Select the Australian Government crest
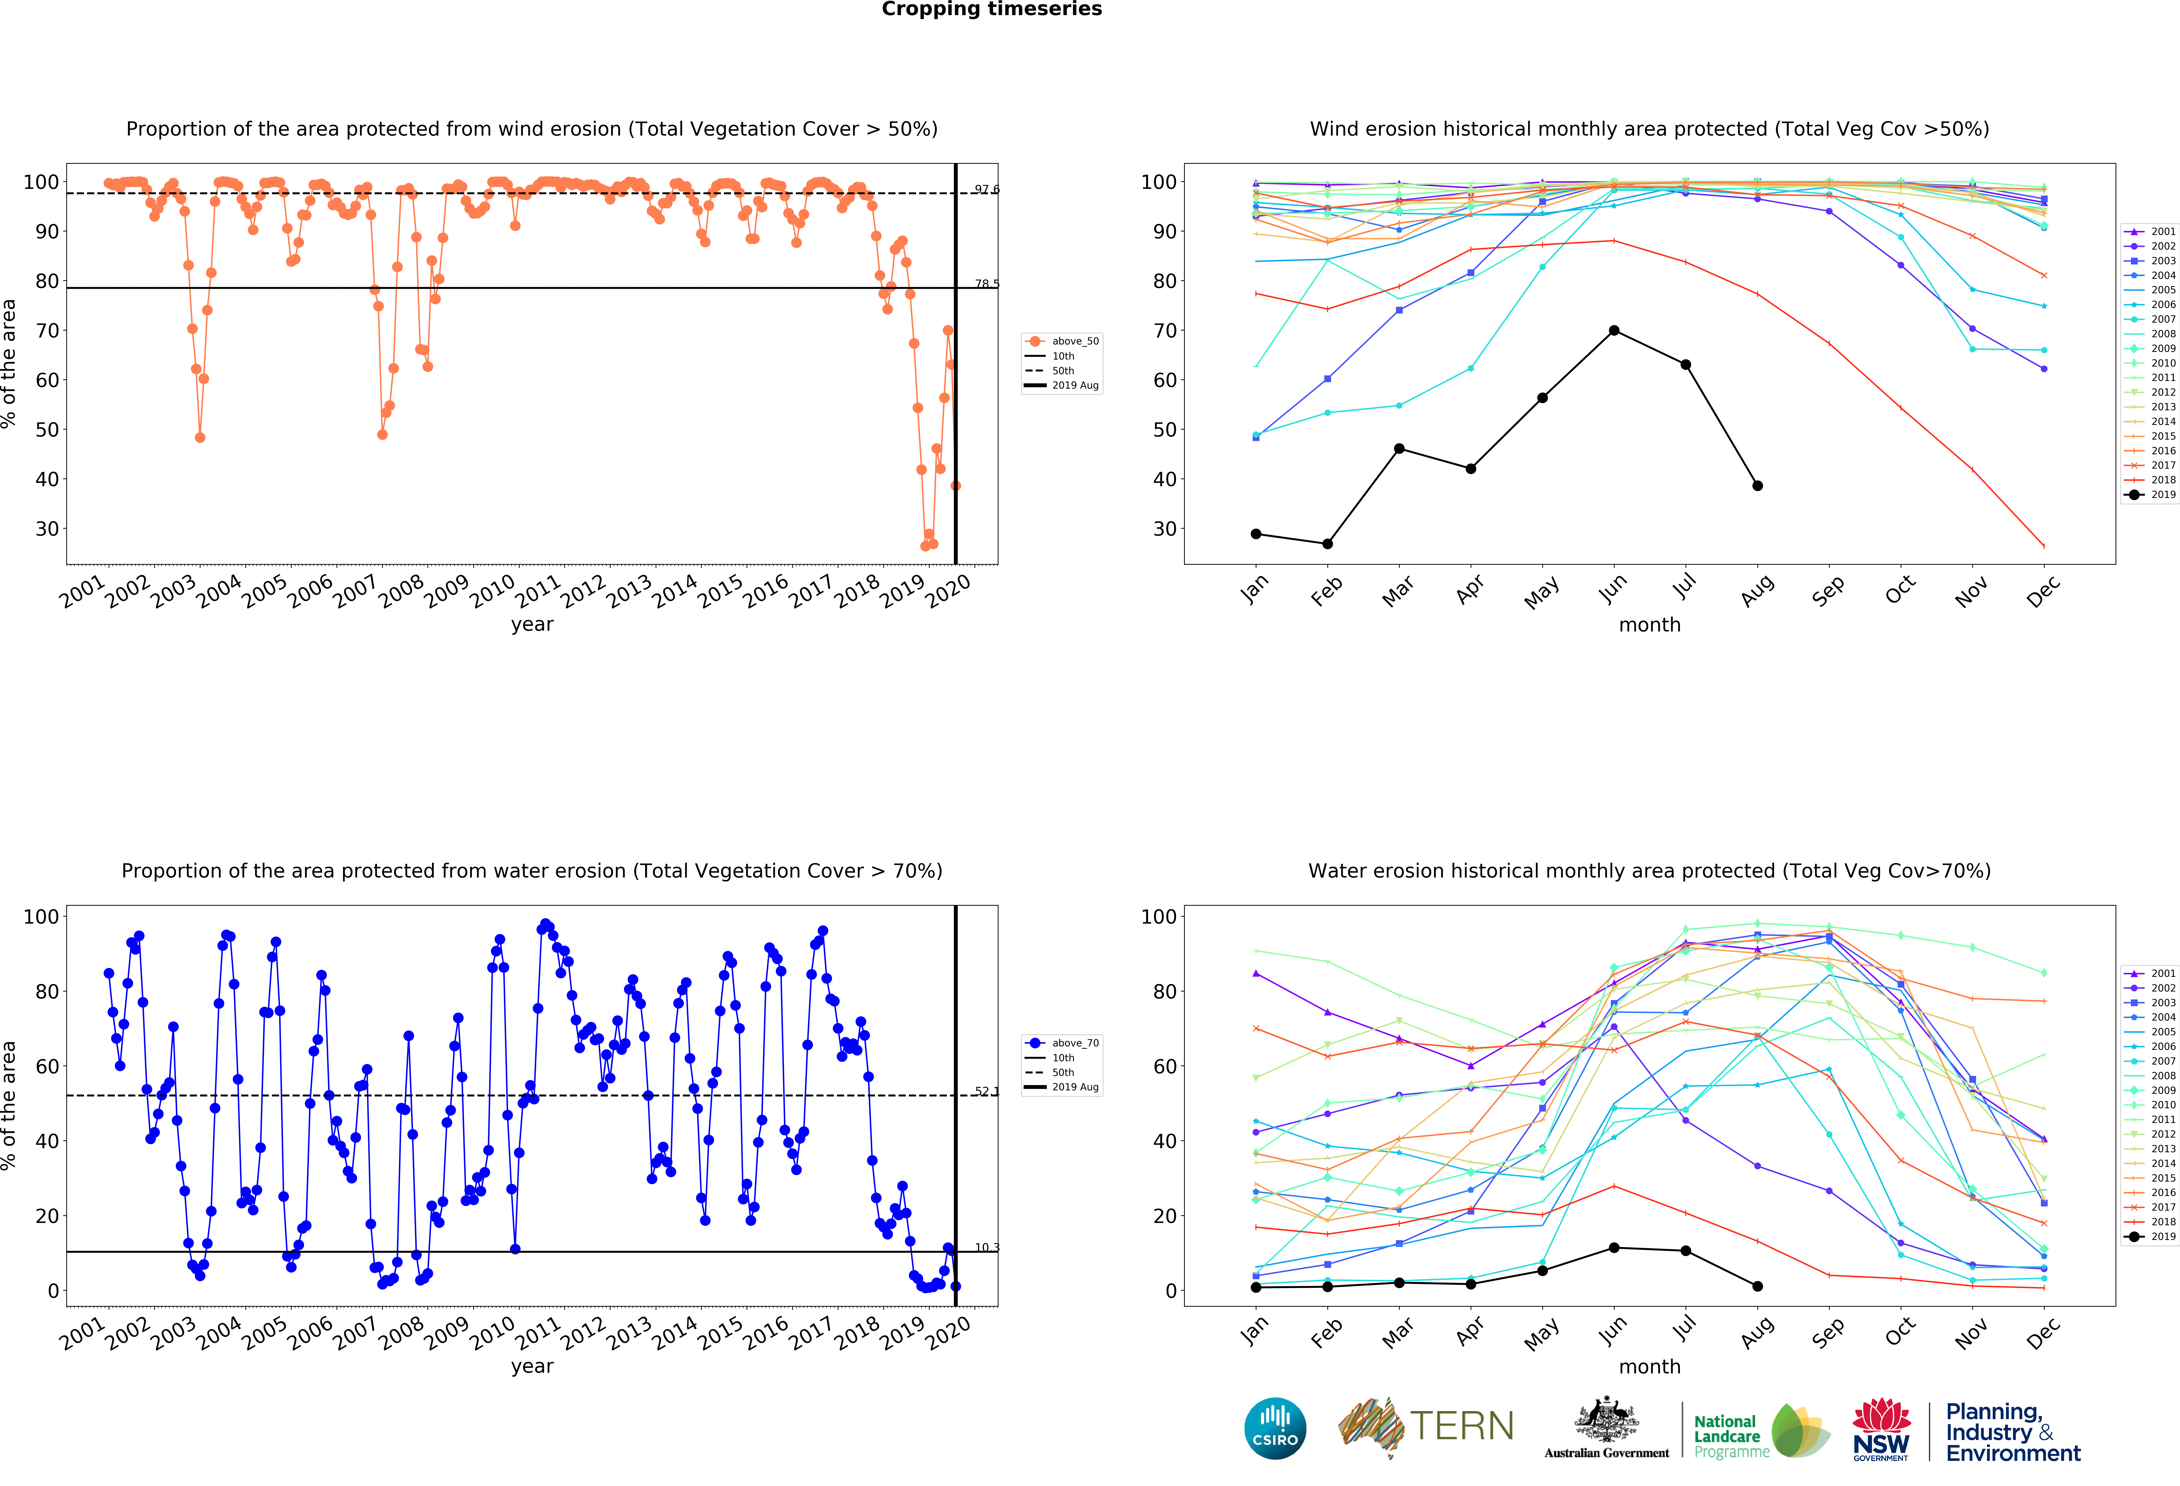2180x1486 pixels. [x=1607, y=1419]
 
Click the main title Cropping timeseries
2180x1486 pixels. [x=992, y=9]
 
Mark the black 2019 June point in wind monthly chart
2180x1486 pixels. [x=1613, y=330]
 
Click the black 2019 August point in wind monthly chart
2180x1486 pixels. [x=1757, y=486]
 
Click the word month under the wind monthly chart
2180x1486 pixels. [x=1649, y=625]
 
